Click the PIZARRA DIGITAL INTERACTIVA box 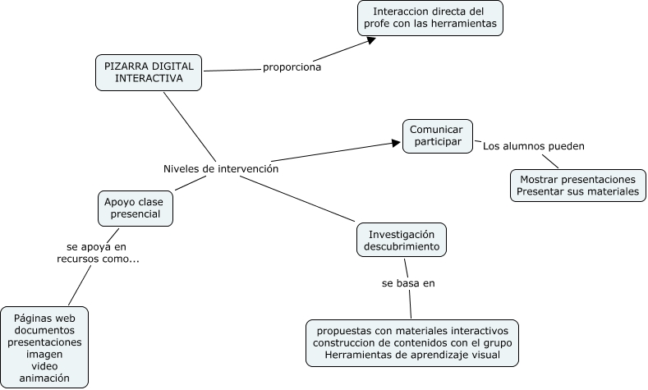pos(149,72)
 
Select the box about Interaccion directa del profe pos(430,19)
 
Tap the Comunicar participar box pos(437,136)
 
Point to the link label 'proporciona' pos(292,67)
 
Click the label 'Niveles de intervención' pos(221,168)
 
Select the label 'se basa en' pos(407,283)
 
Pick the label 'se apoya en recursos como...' pos(98,252)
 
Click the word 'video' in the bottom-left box pos(44,365)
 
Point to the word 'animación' pos(44,378)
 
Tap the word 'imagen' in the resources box pos(44,353)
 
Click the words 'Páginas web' pos(44,316)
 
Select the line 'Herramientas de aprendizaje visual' pos(412,355)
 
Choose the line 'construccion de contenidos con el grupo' pos(412,342)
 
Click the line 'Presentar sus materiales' pos(577,192)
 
